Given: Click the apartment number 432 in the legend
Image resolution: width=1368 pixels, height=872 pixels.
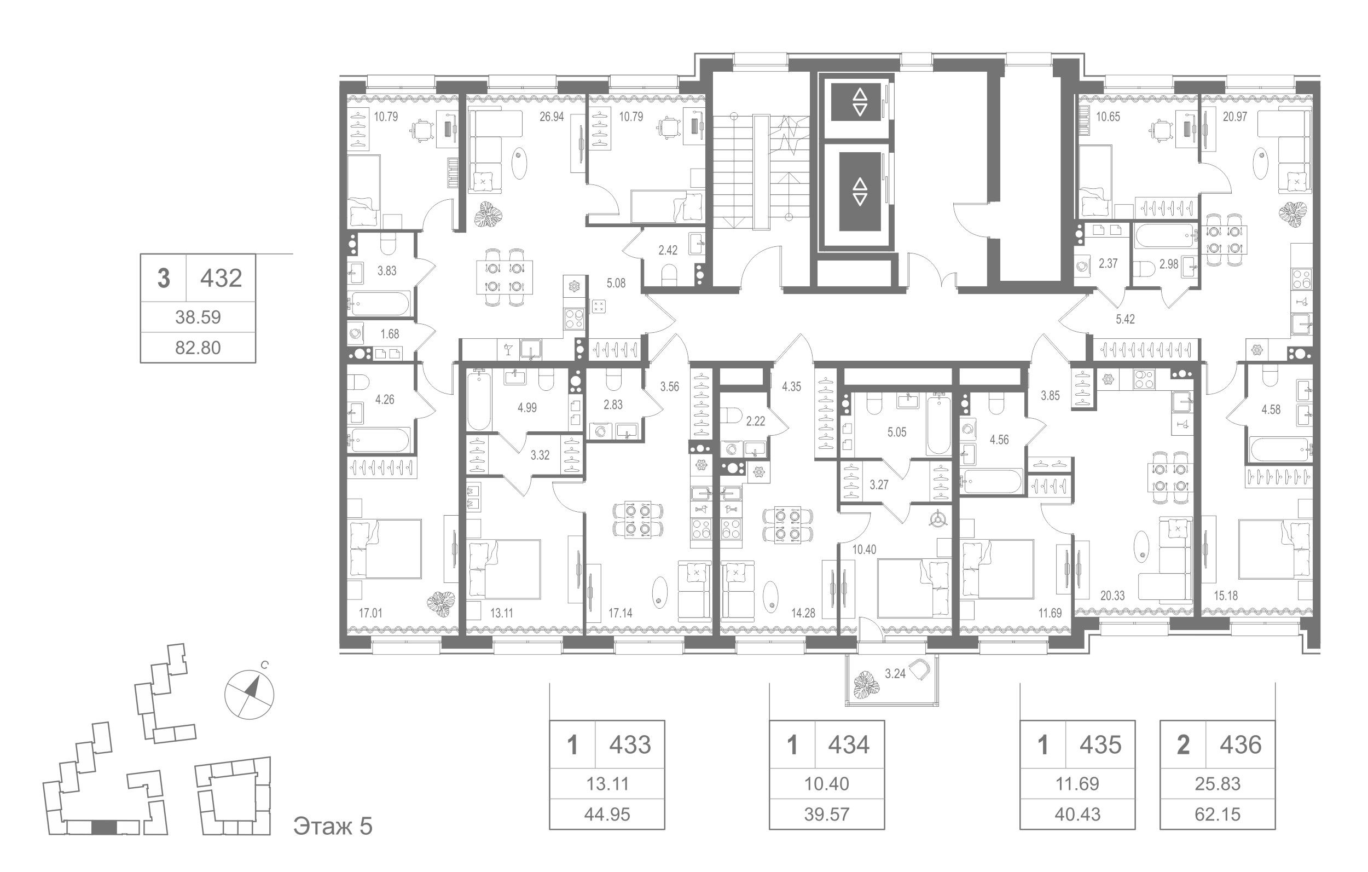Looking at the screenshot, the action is pyautogui.click(x=221, y=278).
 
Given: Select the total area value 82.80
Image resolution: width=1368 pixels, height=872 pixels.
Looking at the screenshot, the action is pyautogui.click(x=198, y=347).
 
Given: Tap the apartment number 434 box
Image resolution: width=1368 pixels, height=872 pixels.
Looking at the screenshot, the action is pyautogui.click(x=849, y=744).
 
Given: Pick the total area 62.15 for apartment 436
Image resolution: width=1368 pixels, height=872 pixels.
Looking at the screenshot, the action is pyautogui.click(x=1218, y=814).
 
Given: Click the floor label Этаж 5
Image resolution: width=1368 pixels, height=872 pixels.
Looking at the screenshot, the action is pyautogui.click(x=333, y=826).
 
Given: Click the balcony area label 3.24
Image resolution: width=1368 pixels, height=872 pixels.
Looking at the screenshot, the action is pyautogui.click(x=895, y=674).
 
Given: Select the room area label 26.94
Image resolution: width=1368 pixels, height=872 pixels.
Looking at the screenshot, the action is pyautogui.click(x=552, y=117).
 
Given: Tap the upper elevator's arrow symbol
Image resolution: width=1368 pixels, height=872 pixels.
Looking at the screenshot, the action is pyautogui.click(x=860, y=102).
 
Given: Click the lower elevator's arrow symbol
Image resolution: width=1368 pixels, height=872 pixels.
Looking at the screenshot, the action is pyautogui.click(x=860, y=192).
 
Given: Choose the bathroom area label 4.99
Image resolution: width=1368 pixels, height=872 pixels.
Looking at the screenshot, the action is pyautogui.click(x=526, y=408).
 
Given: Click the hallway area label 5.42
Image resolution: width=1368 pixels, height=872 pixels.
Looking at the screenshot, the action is pyautogui.click(x=1125, y=319).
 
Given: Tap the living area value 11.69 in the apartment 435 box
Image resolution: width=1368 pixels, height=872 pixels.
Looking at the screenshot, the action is pyautogui.click(x=1077, y=783).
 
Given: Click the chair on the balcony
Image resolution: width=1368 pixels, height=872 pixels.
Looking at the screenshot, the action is pyautogui.click(x=920, y=669).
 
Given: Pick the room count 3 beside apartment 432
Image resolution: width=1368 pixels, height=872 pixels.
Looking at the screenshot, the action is pyautogui.click(x=164, y=279).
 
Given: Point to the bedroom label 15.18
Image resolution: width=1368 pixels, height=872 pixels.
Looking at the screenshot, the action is pyautogui.click(x=1226, y=596).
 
